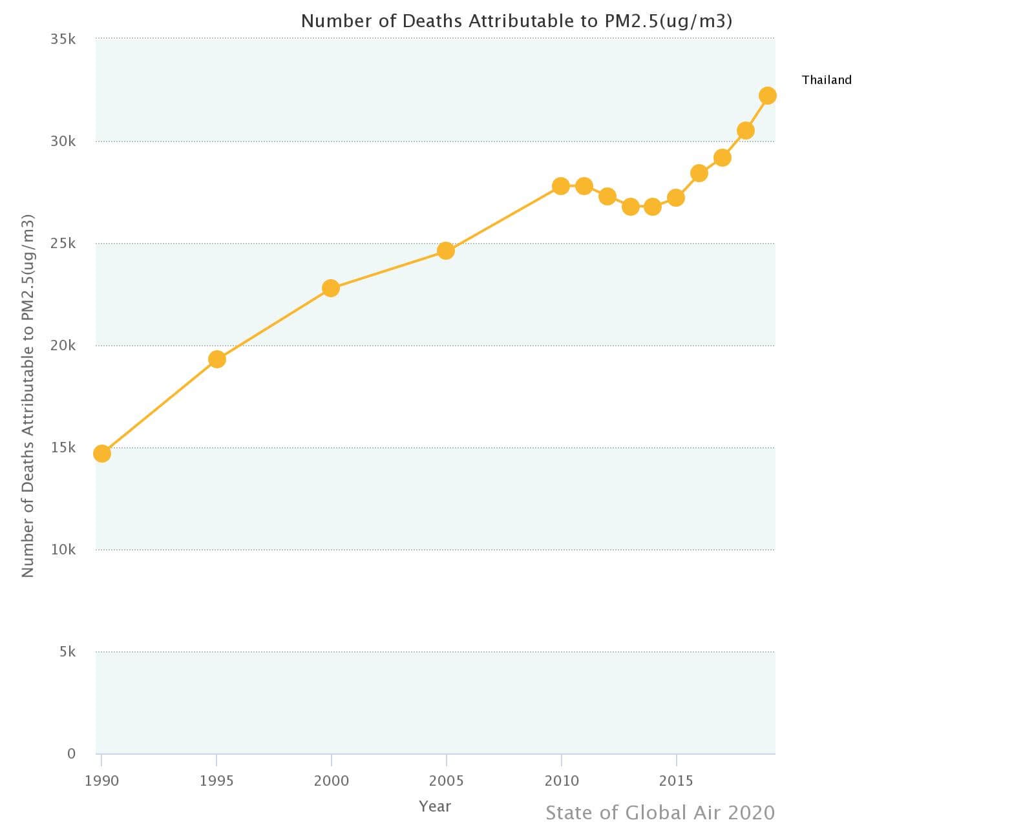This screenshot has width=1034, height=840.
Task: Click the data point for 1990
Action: click(x=102, y=454)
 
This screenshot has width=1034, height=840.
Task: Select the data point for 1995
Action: click(x=217, y=359)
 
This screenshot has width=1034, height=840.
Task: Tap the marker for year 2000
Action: click(x=331, y=288)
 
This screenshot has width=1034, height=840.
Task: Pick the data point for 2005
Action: click(x=446, y=251)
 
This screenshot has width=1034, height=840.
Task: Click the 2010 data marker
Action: click(x=561, y=186)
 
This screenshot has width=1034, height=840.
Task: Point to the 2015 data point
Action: click(x=676, y=198)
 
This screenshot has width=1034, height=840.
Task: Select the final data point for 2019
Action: click(x=768, y=96)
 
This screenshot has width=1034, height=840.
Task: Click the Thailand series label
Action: click(x=827, y=80)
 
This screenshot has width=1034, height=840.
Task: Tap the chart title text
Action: click(x=516, y=21)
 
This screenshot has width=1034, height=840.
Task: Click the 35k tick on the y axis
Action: click(x=63, y=39)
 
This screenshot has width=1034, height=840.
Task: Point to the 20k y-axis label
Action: click(x=63, y=346)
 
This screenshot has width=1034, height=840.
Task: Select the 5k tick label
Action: click(x=67, y=652)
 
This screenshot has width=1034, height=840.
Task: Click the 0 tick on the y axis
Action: click(x=71, y=753)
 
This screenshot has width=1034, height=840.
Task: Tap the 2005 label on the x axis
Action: click(x=446, y=781)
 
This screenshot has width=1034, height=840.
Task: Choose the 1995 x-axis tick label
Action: click(x=216, y=781)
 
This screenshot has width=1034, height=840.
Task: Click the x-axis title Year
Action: click(x=435, y=806)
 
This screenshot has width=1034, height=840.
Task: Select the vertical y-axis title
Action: click(x=27, y=395)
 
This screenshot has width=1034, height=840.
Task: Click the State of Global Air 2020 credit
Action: click(x=660, y=813)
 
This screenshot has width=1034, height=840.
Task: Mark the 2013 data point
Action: click(x=631, y=207)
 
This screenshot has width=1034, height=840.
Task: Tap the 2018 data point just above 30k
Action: click(x=746, y=131)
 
